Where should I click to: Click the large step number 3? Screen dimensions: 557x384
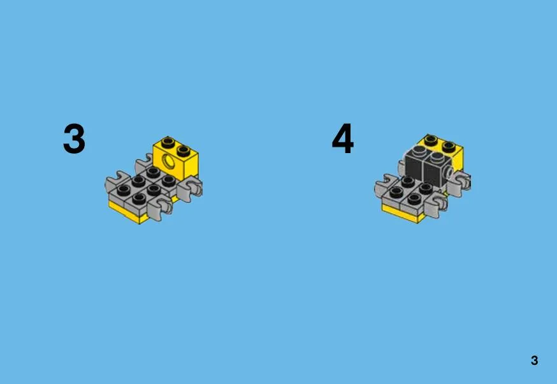click(x=74, y=138)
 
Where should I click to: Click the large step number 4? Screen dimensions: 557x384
click(x=342, y=138)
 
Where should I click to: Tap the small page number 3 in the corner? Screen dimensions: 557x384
click(x=534, y=360)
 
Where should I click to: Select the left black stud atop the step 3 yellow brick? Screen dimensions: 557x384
click(x=168, y=143)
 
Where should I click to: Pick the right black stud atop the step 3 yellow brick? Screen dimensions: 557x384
click(x=184, y=151)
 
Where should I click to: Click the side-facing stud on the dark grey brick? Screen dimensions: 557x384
click(x=449, y=173)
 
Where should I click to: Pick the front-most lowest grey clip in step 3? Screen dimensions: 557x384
click(x=161, y=208)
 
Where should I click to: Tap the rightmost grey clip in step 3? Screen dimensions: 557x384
click(x=191, y=189)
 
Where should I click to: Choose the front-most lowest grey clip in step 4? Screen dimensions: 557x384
click(x=436, y=208)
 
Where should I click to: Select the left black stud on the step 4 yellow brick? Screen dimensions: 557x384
click(x=431, y=140)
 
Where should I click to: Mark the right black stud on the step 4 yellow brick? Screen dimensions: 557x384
click(x=449, y=146)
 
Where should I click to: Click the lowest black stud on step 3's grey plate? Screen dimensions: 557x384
click(x=139, y=198)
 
